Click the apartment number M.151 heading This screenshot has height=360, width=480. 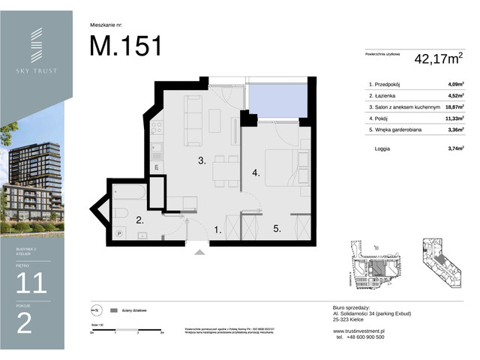pyautogui.click(x=125, y=46)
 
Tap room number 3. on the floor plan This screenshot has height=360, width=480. pyautogui.click(x=202, y=160)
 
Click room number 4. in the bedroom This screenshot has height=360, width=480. pyautogui.click(x=256, y=173)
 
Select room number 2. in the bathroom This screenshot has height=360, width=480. pyautogui.click(x=139, y=220)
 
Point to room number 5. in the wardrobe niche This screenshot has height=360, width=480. pyautogui.click(x=277, y=229)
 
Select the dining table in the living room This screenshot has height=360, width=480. pyautogui.click(x=223, y=172)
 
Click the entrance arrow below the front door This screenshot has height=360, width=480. pyautogui.click(x=199, y=253)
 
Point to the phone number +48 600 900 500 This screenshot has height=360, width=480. pyautogui.click(x=361, y=337)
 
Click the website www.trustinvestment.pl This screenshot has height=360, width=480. pyautogui.click(x=358, y=330)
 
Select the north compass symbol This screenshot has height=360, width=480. pyautogui.click(x=97, y=310)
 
